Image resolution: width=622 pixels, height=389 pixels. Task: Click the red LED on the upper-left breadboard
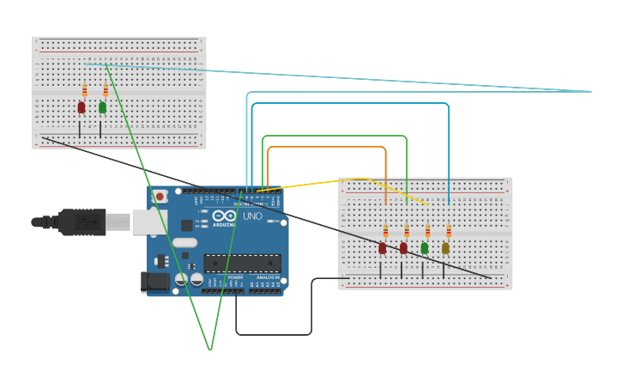(x=82, y=107)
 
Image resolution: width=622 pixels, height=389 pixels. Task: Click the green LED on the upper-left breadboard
(x=102, y=107)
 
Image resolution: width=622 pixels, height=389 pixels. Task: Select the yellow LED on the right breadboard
(x=445, y=248)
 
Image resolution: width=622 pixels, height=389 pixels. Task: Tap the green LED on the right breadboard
(x=424, y=248)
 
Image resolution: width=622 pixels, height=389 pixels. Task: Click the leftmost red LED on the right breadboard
(x=383, y=248)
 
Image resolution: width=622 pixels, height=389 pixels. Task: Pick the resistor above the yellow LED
(x=448, y=231)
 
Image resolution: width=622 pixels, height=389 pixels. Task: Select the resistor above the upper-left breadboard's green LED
(x=106, y=90)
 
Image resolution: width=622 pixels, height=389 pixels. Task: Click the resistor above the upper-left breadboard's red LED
(x=84, y=90)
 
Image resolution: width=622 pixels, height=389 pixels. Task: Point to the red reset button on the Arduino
(x=160, y=197)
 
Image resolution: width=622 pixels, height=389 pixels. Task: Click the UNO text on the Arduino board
(x=252, y=216)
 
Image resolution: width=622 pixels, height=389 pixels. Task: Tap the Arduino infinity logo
(x=225, y=216)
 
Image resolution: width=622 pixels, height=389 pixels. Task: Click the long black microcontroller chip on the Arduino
(x=241, y=263)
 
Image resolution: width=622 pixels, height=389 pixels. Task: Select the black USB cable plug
(x=82, y=222)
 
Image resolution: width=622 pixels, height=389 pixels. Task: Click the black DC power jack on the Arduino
(x=154, y=280)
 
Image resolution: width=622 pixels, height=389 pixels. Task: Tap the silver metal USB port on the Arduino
(x=142, y=222)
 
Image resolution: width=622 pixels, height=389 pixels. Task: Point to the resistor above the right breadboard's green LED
(x=427, y=231)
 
